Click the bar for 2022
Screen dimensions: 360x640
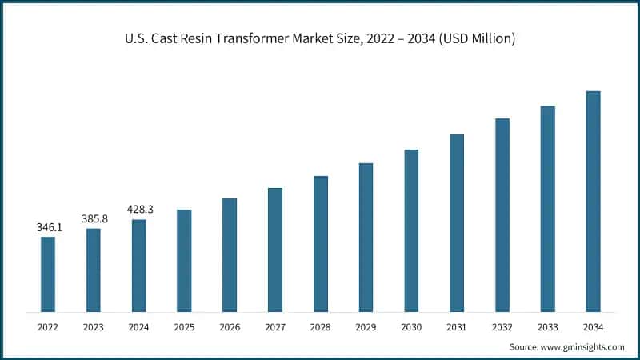click(x=48, y=274)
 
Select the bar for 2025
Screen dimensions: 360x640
click(x=184, y=260)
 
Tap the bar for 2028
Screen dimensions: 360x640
click(x=320, y=243)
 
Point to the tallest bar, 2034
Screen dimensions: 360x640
click(x=593, y=201)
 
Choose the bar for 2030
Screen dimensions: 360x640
click(x=411, y=230)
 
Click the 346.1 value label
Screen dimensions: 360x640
click(x=50, y=227)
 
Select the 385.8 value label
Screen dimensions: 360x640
click(x=94, y=218)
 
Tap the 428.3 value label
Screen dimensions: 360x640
click(x=139, y=209)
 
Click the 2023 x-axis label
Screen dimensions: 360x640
click(x=94, y=326)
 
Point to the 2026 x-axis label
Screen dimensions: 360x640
click(x=230, y=326)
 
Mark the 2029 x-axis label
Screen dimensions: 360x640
click(x=366, y=326)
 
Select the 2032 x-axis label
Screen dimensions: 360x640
click(x=502, y=326)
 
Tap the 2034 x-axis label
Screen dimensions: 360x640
click(x=593, y=326)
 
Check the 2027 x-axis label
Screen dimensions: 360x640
click(x=275, y=326)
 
